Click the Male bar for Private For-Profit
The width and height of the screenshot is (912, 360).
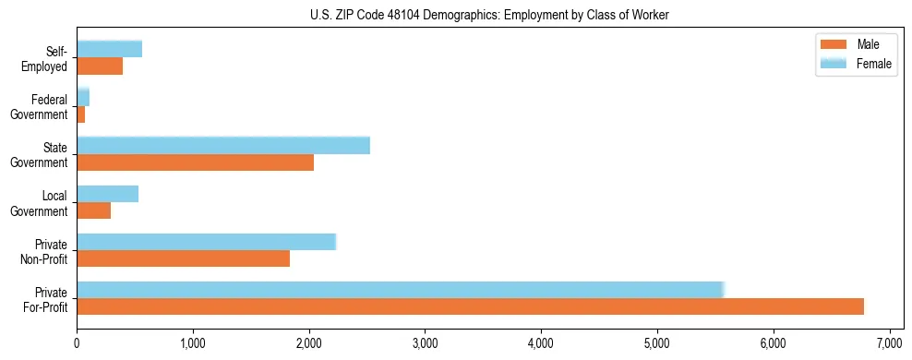tap(470, 306)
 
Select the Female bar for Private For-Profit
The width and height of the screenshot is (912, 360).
tap(400, 290)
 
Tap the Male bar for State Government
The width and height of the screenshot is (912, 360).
tap(195, 162)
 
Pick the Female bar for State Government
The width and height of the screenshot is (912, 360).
tap(222, 146)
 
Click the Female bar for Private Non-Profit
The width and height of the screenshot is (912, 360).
tap(206, 242)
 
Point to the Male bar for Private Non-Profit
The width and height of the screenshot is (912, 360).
tap(183, 258)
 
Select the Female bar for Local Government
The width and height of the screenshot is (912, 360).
tap(107, 194)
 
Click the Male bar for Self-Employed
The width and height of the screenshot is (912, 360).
tap(100, 66)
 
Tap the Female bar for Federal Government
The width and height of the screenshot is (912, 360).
tap(83, 98)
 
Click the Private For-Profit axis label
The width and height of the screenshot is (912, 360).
tap(44, 299)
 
